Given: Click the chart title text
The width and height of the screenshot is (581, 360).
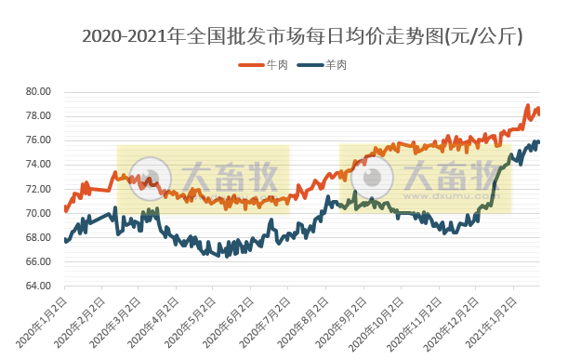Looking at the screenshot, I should pos(302,36).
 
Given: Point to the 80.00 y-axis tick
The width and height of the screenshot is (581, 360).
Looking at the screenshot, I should pos(38,92).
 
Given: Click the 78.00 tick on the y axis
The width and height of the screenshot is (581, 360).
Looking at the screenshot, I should pos(38,116).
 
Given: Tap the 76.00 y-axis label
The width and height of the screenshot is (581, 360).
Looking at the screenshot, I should pos(38,140).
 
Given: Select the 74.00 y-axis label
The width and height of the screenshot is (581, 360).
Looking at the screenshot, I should pos(38,165).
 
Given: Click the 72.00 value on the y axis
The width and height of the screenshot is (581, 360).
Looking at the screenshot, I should pos(38,189).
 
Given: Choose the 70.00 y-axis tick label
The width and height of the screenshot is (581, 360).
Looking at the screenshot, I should pos(38,213).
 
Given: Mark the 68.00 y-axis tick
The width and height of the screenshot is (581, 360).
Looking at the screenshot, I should pos(38,237).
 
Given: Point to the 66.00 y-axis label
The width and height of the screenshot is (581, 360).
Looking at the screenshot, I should pos(38,261).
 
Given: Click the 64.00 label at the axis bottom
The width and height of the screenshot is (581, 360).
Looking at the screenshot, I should pos(38,286).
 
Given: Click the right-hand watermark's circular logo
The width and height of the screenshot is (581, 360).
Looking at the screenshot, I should pos(377,177).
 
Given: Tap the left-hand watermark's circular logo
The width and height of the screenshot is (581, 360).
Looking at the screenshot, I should pos(149,177).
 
